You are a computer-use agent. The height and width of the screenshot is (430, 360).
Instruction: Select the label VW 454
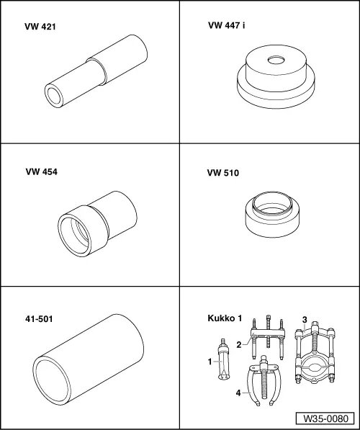pyautogui.click(x=41, y=172)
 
